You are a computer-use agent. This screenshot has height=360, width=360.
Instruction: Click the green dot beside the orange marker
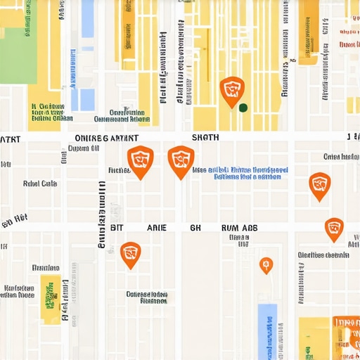(243, 108)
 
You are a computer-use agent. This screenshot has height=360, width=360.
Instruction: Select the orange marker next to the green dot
(231, 91)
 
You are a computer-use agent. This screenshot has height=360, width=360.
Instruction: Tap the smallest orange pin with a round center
(266, 265)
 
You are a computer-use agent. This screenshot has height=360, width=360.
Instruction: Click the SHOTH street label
(205, 138)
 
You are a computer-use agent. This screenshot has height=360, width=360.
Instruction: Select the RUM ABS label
(239, 228)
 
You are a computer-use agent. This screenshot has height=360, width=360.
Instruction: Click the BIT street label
(117, 228)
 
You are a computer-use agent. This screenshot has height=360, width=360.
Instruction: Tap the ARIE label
(156, 228)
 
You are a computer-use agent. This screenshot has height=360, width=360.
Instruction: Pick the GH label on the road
(195, 228)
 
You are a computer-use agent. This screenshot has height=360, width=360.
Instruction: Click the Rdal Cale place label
(40, 184)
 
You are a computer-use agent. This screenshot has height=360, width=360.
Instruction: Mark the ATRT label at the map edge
(11, 139)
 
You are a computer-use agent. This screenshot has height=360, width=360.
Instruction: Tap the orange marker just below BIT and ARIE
(130, 254)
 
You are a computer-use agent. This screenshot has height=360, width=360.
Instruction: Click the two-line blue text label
(240, 173)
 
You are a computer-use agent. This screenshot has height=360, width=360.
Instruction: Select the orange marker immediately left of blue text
(181, 160)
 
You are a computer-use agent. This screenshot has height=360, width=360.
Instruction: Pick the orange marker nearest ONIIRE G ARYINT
(140, 161)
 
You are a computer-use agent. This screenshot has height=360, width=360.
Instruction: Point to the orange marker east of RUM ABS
(334, 229)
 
